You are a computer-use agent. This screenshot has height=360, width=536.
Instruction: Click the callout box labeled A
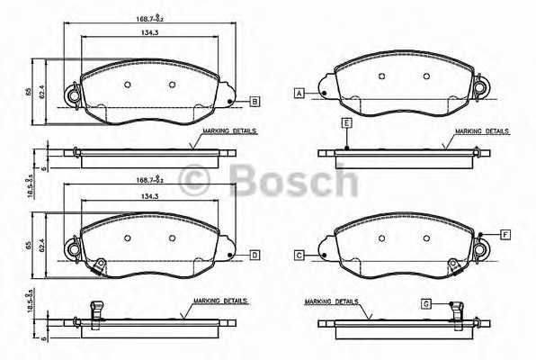coord(298,93)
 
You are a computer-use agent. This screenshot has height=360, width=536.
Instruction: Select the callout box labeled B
coord(255,102)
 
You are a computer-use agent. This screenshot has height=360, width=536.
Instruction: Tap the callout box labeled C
coord(298,256)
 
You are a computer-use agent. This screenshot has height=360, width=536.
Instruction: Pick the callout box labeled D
coord(255,256)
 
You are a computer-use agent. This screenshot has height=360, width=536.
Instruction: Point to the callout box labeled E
coord(344,121)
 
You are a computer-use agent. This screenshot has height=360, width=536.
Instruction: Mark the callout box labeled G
coord(426,303)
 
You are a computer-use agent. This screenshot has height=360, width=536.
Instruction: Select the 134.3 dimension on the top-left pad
coord(136,33)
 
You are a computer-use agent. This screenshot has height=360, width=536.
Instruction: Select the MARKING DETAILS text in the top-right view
coord(482,131)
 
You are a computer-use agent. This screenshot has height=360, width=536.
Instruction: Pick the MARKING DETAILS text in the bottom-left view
coord(220,301)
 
